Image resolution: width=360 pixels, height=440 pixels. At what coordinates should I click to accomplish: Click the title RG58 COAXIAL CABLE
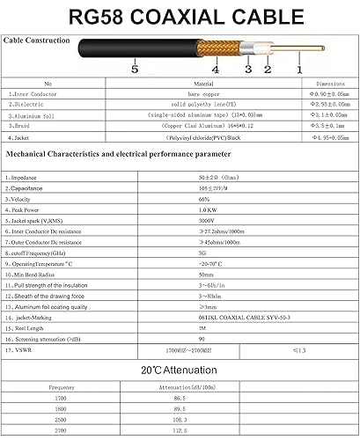[180, 16]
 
